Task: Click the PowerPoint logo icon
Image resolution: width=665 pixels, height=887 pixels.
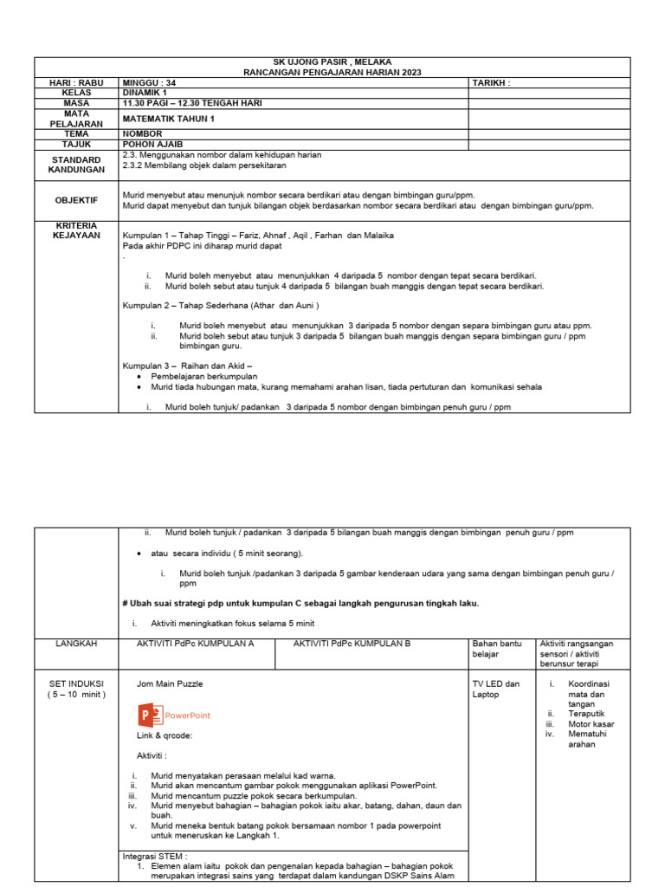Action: coord(149,715)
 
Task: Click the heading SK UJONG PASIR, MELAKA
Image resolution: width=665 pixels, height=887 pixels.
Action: coord(332,62)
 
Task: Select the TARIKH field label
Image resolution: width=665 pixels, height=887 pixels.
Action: coord(491,83)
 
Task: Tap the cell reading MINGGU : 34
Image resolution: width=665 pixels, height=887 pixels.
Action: coord(150,83)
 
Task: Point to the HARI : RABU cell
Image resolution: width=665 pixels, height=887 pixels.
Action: coord(76,83)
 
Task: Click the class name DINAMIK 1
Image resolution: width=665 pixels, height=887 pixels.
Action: coord(146,93)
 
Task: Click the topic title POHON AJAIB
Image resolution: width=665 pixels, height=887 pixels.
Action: coord(152,144)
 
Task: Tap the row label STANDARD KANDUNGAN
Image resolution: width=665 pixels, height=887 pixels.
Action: coord(76,165)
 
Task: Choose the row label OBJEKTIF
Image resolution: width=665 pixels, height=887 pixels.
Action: coord(76,200)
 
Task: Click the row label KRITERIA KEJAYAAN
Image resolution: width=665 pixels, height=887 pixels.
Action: coord(76,230)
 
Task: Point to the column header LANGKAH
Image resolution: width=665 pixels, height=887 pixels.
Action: coord(76,644)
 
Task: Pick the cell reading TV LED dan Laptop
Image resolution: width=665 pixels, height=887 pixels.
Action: coord(496,690)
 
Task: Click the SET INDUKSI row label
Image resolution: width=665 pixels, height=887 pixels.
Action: coord(76,690)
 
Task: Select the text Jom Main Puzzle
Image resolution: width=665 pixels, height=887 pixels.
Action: coord(170,683)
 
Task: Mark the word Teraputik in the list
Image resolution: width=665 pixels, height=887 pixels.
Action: coord(585,713)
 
